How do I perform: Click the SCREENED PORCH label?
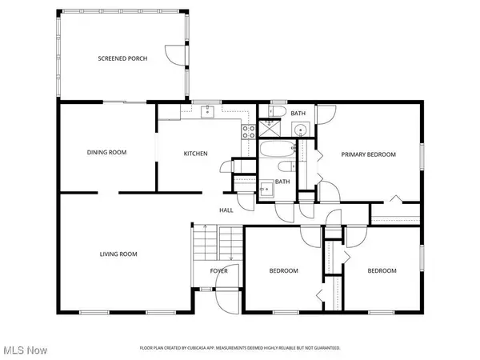122,59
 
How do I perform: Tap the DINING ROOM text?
107,152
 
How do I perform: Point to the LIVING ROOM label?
118,254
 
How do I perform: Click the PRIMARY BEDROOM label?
369,154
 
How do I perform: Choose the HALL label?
226,210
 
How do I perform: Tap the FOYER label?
219,271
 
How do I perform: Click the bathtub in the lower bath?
276,150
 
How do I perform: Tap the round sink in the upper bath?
301,130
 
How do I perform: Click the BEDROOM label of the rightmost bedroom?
382,271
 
